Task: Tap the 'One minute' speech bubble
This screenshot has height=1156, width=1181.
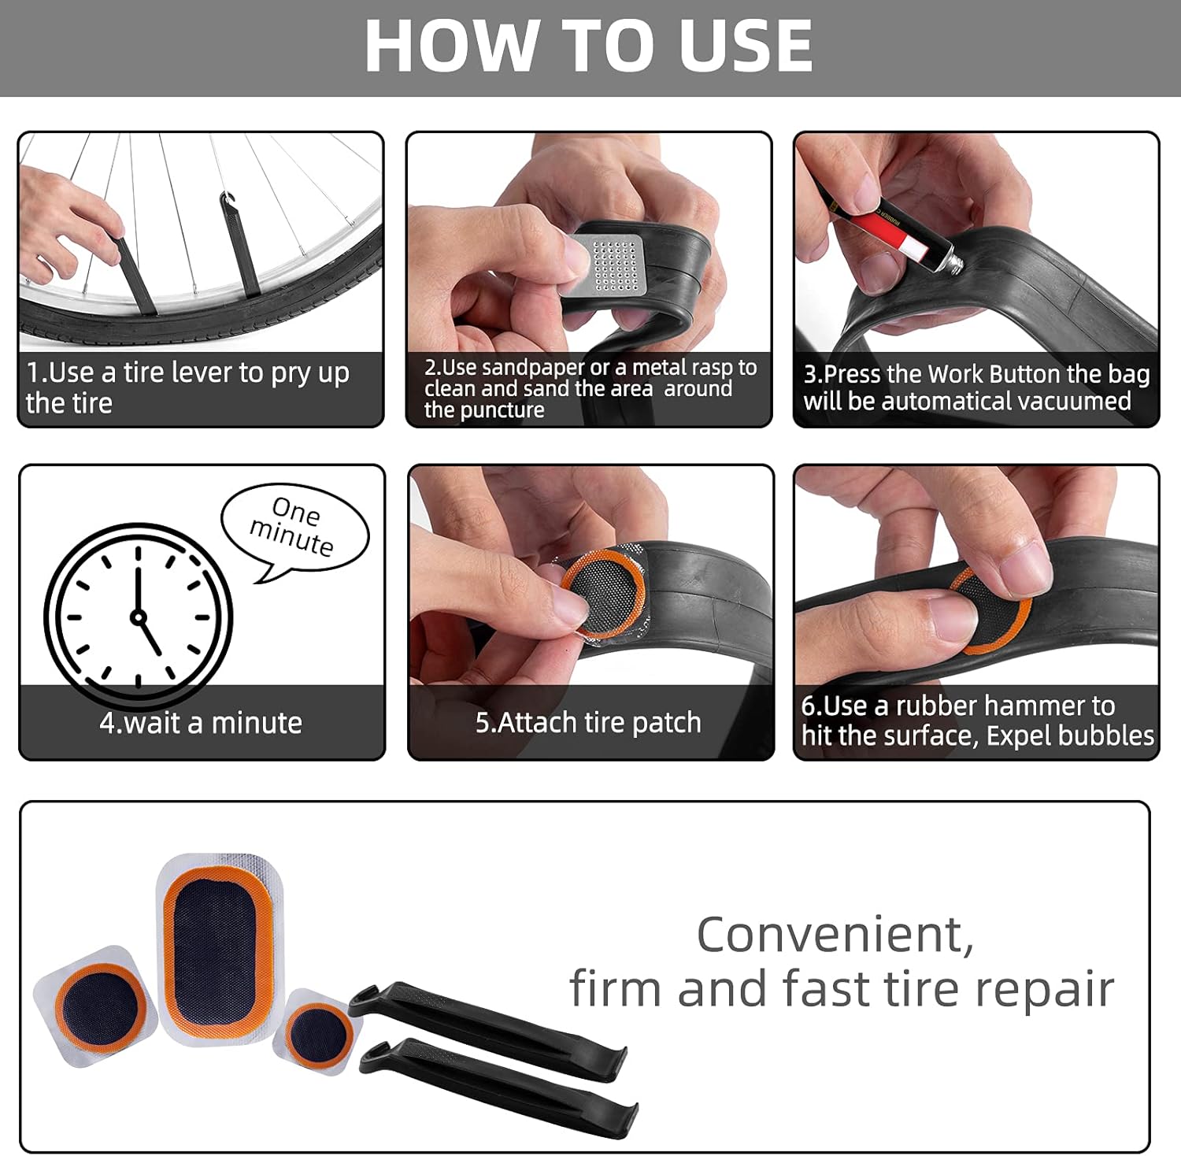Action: pos(294,528)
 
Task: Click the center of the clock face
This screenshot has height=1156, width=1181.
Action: pos(139,617)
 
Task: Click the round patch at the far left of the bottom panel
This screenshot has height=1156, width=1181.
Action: pos(99,1009)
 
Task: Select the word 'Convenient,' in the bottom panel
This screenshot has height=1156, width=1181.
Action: pos(835,935)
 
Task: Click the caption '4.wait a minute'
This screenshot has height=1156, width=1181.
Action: pos(201,723)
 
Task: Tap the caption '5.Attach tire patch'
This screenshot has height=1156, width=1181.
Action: pos(588,722)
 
